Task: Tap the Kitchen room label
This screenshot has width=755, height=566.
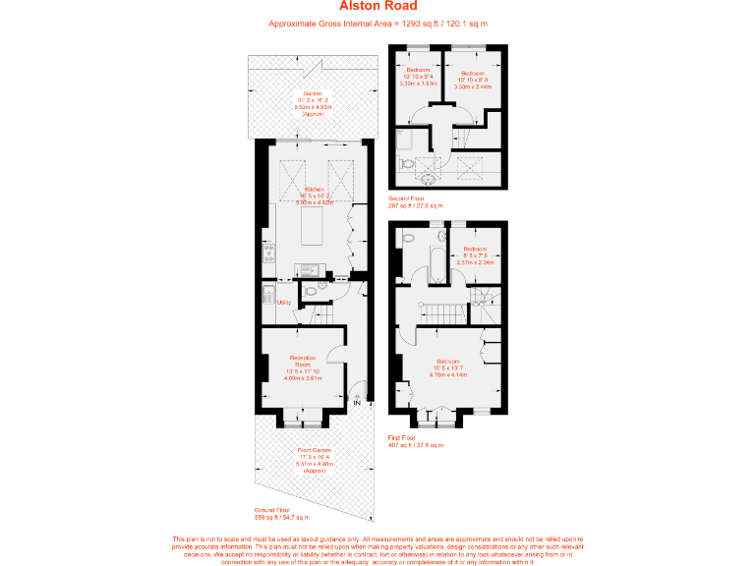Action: (315, 189)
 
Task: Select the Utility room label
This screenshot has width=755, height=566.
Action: (284, 303)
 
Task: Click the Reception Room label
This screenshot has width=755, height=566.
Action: (303, 361)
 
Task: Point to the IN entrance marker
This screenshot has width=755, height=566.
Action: (358, 403)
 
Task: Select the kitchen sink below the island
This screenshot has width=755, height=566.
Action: (307, 270)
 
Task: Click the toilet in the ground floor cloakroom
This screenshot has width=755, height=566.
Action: (311, 291)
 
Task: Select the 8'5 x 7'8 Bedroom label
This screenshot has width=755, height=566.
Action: (476, 252)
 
